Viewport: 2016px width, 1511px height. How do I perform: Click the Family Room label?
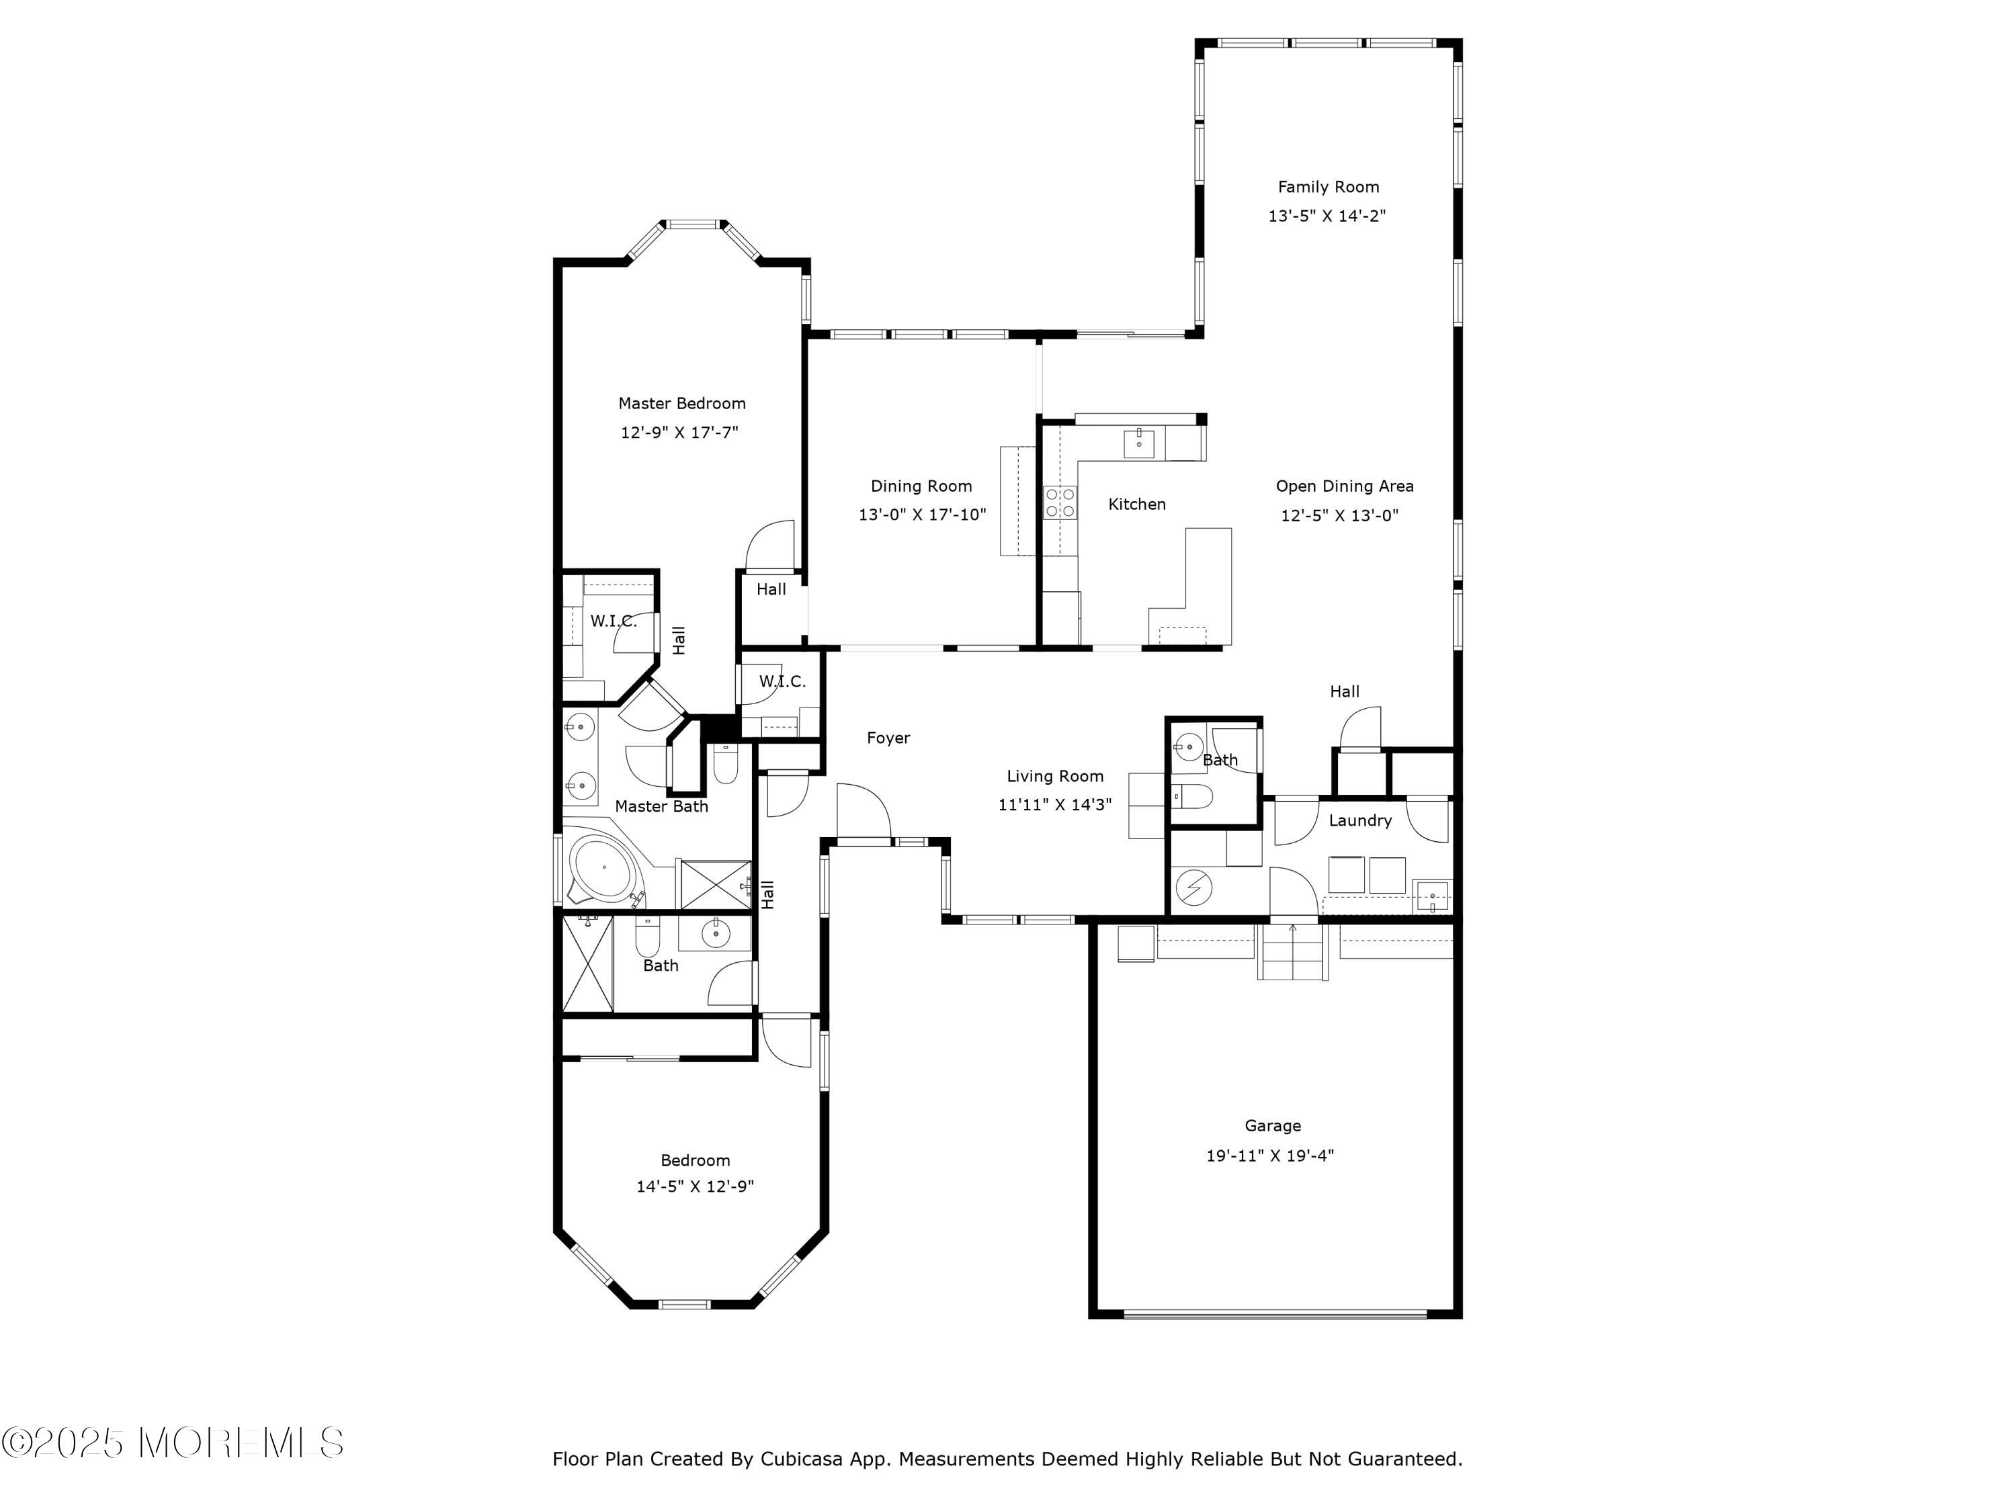pyautogui.click(x=1328, y=187)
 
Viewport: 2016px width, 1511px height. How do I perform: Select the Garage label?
pyautogui.click(x=1272, y=1125)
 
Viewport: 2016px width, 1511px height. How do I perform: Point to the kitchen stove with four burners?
pyautogui.click(x=1060, y=502)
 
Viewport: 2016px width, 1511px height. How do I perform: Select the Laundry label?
pyautogui.click(x=1360, y=820)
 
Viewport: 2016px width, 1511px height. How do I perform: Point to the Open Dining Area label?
pyautogui.click(x=1344, y=486)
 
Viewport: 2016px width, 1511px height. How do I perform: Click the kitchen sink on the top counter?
pyautogui.click(x=1139, y=443)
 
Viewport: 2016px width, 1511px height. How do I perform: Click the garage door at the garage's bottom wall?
pyautogui.click(x=1274, y=1314)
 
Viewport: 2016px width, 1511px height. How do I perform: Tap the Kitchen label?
pyautogui.click(x=1136, y=504)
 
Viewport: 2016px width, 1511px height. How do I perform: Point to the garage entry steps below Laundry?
pyautogui.click(x=1292, y=951)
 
